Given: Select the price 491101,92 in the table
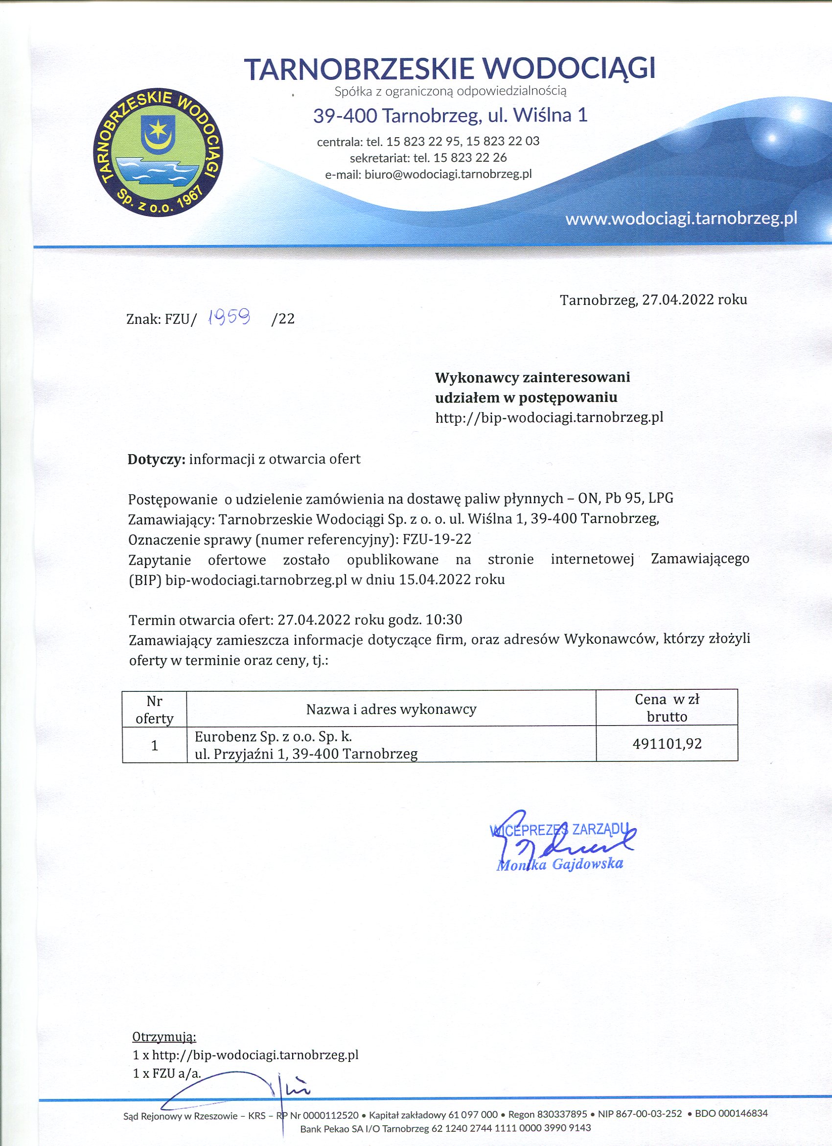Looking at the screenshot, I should click(x=667, y=743).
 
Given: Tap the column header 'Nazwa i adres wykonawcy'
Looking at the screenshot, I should click(x=391, y=709).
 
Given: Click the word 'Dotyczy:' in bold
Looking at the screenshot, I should click(x=157, y=459).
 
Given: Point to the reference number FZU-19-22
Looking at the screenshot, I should click(x=437, y=539).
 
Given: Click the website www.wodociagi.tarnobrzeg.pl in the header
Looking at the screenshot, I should click(x=681, y=219).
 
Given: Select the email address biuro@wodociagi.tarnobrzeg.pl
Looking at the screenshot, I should click(x=448, y=174).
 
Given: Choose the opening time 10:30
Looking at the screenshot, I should click(x=444, y=619).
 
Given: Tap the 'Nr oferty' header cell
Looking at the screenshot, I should click(x=154, y=709).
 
